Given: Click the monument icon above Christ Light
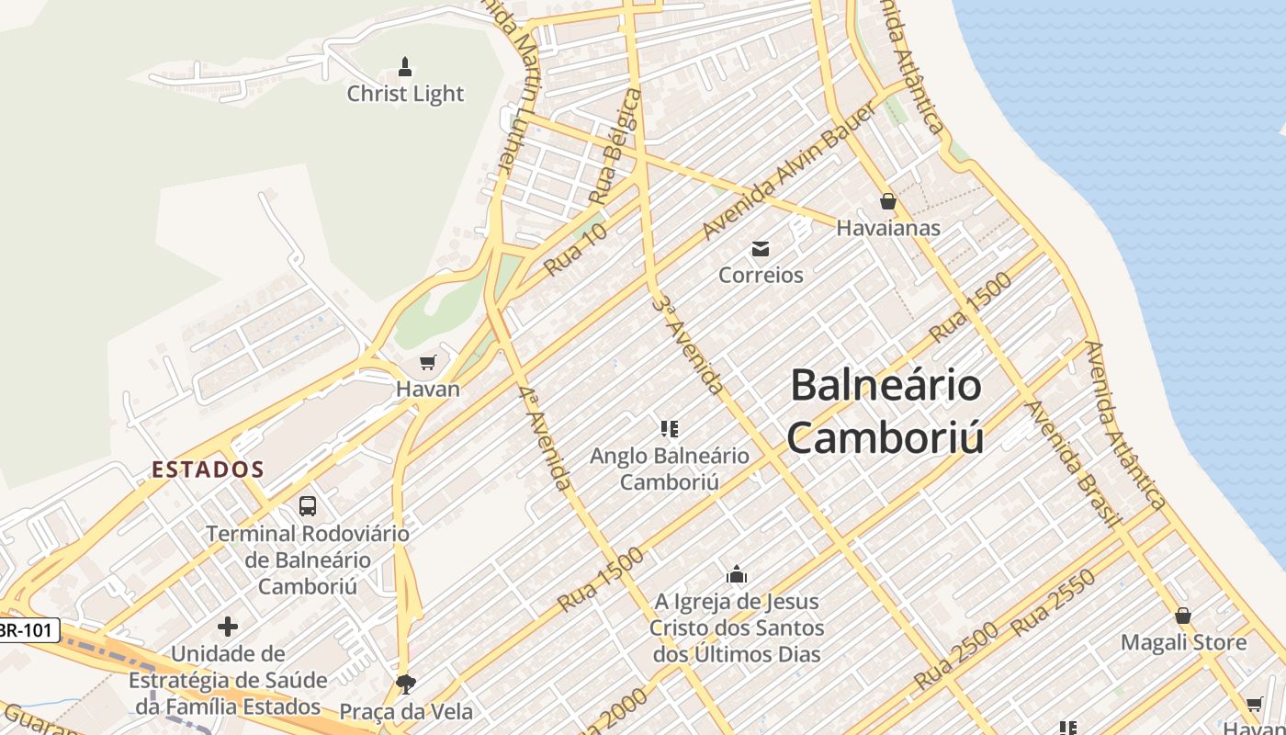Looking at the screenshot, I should pyautogui.click(x=404, y=66).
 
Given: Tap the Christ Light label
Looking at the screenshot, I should pyautogui.click(x=405, y=94).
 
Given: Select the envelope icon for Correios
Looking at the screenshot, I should pyautogui.click(x=761, y=248).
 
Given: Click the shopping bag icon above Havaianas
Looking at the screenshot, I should pyautogui.click(x=887, y=201).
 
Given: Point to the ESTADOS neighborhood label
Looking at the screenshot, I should pyautogui.click(x=208, y=469).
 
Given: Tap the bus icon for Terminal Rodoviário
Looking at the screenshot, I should pyautogui.click(x=308, y=505).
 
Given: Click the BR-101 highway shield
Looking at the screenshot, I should pyautogui.click(x=28, y=630).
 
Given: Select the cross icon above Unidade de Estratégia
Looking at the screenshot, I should pyautogui.click(x=228, y=628).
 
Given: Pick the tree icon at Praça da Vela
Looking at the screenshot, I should pyautogui.click(x=405, y=684).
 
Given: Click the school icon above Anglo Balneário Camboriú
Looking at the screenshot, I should pyautogui.click(x=670, y=428).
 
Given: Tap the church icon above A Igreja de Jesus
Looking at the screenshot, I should pyautogui.click(x=736, y=575).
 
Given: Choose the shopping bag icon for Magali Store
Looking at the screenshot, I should pyautogui.click(x=1183, y=616).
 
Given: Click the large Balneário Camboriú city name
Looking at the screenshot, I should pyautogui.click(x=886, y=410).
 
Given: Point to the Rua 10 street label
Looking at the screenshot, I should pyautogui.click(x=576, y=249).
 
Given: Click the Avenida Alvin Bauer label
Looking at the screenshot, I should pyautogui.click(x=788, y=172).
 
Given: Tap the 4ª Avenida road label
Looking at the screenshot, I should pyautogui.click(x=545, y=437).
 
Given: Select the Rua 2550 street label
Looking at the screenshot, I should pyautogui.click(x=1054, y=603).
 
